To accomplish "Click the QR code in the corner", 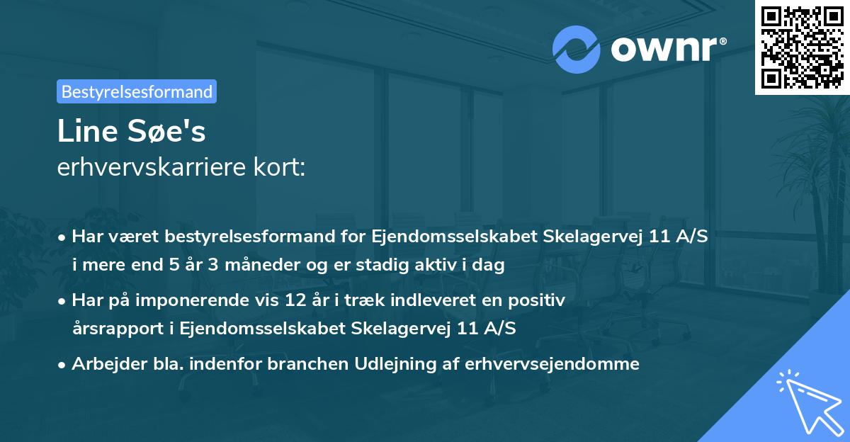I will tap(802, 47).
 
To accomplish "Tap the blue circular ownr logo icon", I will tap(577, 49).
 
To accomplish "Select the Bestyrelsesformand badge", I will tap(137, 91).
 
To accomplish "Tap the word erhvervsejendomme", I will tap(553, 364).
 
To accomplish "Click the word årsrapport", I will tap(114, 328).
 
